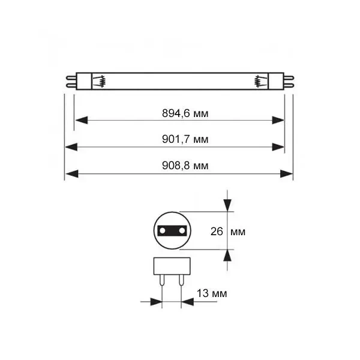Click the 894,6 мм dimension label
click(185, 113)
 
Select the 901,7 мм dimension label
click(185, 139)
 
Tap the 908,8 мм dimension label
click(185, 166)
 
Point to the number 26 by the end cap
click(217, 232)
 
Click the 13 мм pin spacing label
click(212, 293)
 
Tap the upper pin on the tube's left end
click(71, 78)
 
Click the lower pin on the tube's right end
click(289, 86)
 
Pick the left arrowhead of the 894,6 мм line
click(82, 120)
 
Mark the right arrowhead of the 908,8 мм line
click(287, 174)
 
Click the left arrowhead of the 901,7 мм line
click(71, 147)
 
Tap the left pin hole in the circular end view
click(163, 230)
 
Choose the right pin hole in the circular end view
click(182, 230)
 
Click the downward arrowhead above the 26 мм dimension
click(227, 205)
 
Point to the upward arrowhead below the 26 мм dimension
click(227, 256)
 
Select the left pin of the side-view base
click(162, 280)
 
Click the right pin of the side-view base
click(181, 280)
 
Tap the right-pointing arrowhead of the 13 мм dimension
click(156, 302)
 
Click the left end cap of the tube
click(84, 81)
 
